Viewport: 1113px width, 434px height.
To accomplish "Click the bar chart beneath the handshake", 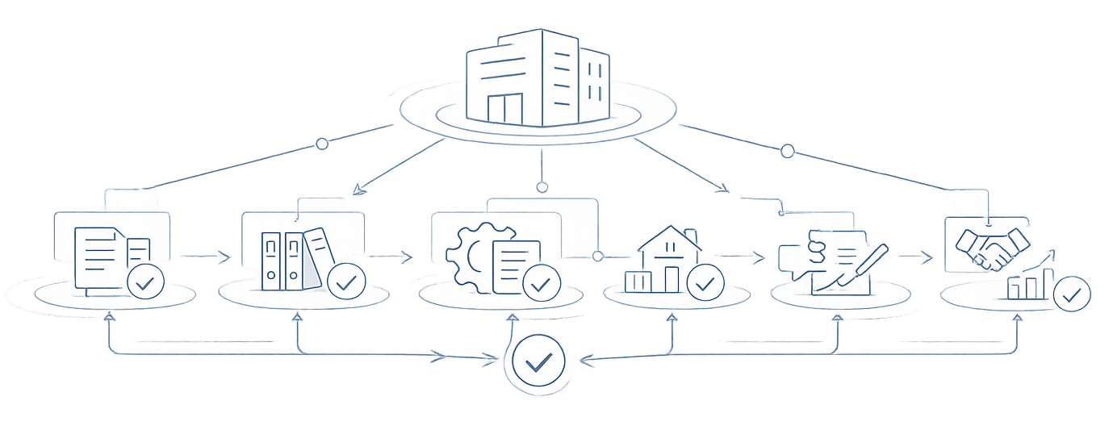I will click(x=1030, y=285).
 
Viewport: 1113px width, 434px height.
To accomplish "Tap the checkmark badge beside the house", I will click(x=705, y=283).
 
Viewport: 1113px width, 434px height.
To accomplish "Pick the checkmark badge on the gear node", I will click(x=542, y=284).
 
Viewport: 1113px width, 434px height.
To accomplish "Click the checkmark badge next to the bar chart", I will click(x=1073, y=294).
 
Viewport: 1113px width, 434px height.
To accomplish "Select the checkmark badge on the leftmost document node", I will click(x=146, y=283).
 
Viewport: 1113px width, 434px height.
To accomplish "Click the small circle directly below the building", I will click(x=542, y=187).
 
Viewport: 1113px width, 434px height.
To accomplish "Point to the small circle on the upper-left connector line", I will click(x=322, y=144).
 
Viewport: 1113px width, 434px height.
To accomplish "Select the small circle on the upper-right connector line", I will click(x=787, y=150).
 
